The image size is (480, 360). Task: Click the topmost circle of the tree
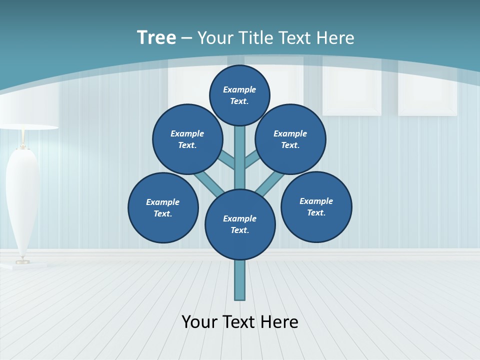pos(239,95)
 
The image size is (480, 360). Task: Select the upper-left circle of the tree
pos(187,139)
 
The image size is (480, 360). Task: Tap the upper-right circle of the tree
pos(290,139)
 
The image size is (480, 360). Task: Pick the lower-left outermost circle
pos(163,207)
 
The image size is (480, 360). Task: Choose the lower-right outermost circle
pos(316,206)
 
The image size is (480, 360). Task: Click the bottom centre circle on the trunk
pos(240,224)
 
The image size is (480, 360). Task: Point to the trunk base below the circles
pos(240,280)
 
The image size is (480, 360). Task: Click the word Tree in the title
pos(156,37)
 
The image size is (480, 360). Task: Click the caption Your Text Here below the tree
pos(240,321)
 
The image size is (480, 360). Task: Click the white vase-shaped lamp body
pos(22,200)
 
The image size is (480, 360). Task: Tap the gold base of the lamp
pos(22,260)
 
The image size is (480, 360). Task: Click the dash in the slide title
pos(186,37)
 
